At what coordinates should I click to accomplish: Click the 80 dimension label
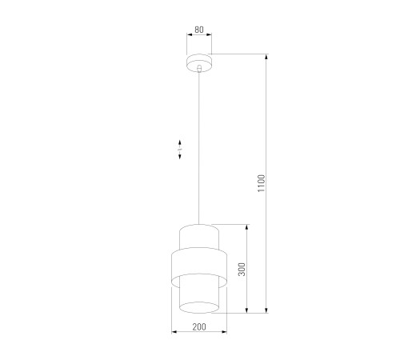[x=199, y=30]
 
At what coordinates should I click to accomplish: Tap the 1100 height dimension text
[x=262, y=183]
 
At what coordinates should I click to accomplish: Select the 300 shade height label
[x=242, y=270]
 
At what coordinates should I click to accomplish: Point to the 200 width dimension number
[x=199, y=326]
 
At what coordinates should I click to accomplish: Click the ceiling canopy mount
[x=199, y=63]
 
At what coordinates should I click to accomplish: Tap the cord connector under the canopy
[x=199, y=69]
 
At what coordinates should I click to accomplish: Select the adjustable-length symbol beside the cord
[x=180, y=150]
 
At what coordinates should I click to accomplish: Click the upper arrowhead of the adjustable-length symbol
[x=180, y=142]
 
